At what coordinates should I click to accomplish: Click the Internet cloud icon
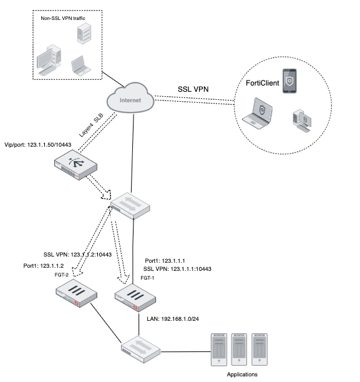point(130,98)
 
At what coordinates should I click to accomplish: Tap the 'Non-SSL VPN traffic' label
point(63,18)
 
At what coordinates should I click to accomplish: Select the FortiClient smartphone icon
point(289,81)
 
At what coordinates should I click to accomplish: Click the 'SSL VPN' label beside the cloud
point(193,89)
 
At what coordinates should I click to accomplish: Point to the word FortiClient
point(262,83)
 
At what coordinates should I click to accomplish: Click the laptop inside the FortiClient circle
point(258,113)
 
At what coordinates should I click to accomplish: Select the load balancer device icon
point(75,165)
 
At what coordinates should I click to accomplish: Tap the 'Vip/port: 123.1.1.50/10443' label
point(38,145)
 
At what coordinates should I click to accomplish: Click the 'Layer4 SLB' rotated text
point(91,125)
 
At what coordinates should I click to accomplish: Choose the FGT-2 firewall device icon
point(76,293)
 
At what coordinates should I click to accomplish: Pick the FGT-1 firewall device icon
point(135,298)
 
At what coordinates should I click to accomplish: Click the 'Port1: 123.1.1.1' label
point(165,261)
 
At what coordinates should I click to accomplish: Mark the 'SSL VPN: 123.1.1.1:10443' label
point(177,269)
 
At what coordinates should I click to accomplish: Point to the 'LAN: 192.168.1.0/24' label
point(173,319)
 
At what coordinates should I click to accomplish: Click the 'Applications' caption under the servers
point(242,375)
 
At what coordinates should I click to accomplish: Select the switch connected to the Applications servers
point(141,350)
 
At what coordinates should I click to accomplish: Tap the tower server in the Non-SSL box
point(84,34)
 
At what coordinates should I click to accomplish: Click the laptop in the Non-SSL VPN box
point(81,66)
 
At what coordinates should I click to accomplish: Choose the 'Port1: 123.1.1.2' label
point(44,266)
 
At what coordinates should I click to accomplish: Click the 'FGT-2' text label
point(61,275)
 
